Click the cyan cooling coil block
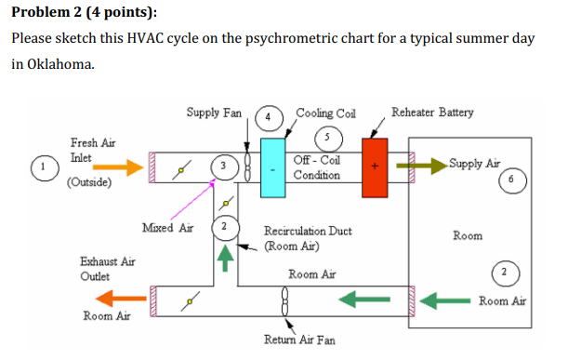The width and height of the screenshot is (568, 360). coord(274,167)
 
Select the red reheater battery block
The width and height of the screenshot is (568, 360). coord(375,167)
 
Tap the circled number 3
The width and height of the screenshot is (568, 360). coord(223,165)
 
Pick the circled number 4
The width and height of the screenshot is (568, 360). coord(269,118)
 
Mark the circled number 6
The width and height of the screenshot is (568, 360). coord(510,179)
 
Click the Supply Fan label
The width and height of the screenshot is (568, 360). coord(213,113)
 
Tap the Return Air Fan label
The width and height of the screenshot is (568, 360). coord(299,340)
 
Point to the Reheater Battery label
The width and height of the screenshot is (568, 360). coord(432,113)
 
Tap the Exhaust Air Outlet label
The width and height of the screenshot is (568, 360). coord(107,269)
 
